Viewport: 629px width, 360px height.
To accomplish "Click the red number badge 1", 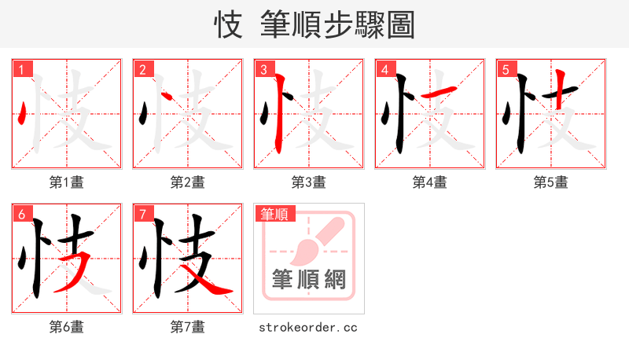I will pos(22,70).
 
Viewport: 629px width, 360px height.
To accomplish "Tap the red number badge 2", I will pos(143,70).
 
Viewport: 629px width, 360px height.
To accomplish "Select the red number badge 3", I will pos(264,70).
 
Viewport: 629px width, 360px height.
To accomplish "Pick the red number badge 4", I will pos(385,70).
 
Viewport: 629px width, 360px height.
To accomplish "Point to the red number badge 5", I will pos(506,70).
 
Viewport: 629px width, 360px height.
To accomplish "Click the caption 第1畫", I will pos(67,182).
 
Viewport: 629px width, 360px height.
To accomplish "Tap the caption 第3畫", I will pos(308,182).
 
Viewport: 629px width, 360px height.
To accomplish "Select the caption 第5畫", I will pos(550,182).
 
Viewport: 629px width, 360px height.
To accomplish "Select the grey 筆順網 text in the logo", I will pos(308,279).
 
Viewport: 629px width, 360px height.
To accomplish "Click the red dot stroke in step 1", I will pos(22,114).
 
